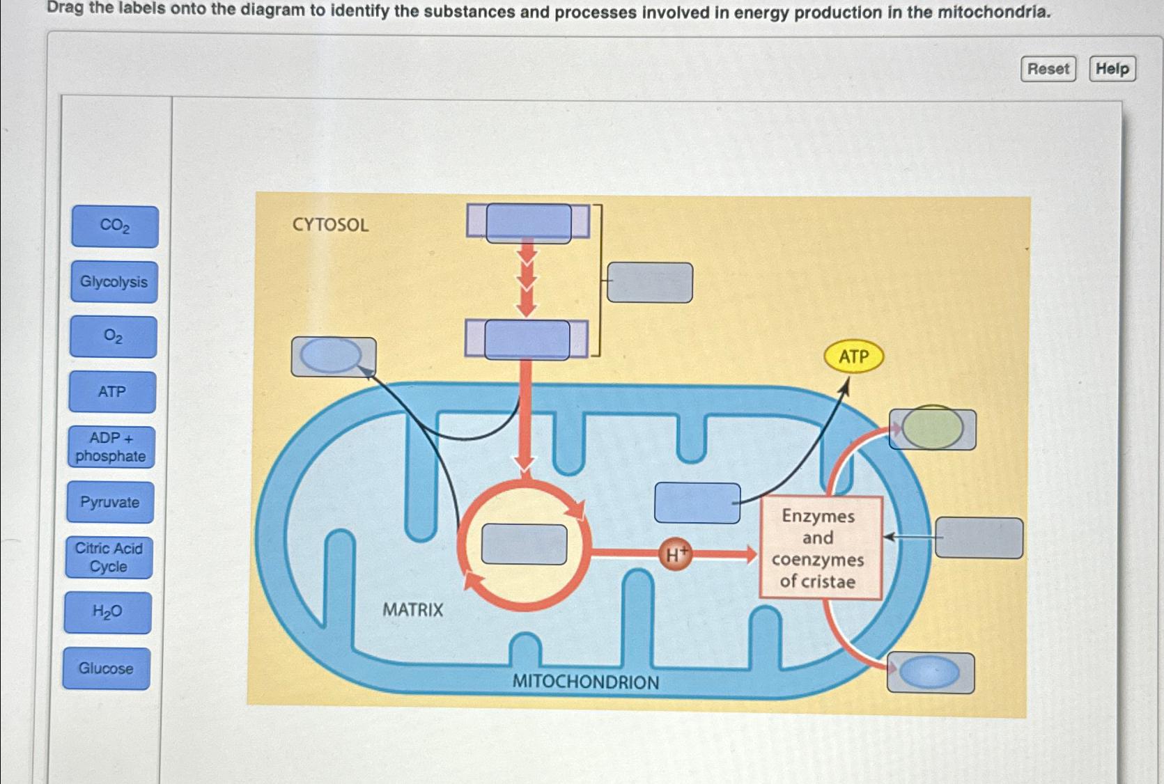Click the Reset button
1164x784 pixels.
(x=1048, y=69)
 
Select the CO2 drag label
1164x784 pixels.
(x=115, y=226)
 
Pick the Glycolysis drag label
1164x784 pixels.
(x=114, y=282)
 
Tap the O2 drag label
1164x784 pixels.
(x=113, y=337)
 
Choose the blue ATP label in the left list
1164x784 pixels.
(x=112, y=392)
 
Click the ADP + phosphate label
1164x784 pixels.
(x=111, y=447)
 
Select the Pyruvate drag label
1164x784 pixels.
(x=110, y=502)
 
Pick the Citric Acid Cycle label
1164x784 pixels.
(x=109, y=558)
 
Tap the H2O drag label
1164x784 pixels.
(x=107, y=613)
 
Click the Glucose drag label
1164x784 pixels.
(x=106, y=668)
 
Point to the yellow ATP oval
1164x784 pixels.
(x=853, y=356)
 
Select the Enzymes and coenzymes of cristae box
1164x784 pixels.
(x=820, y=548)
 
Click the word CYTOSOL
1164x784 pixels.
(x=330, y=225)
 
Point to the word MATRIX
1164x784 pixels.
(x=412, y=610)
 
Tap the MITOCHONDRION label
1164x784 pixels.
(x=585, y=682)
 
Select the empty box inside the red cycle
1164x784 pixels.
(x=524, y=544)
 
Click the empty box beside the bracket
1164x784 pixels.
(x=649, y=283)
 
